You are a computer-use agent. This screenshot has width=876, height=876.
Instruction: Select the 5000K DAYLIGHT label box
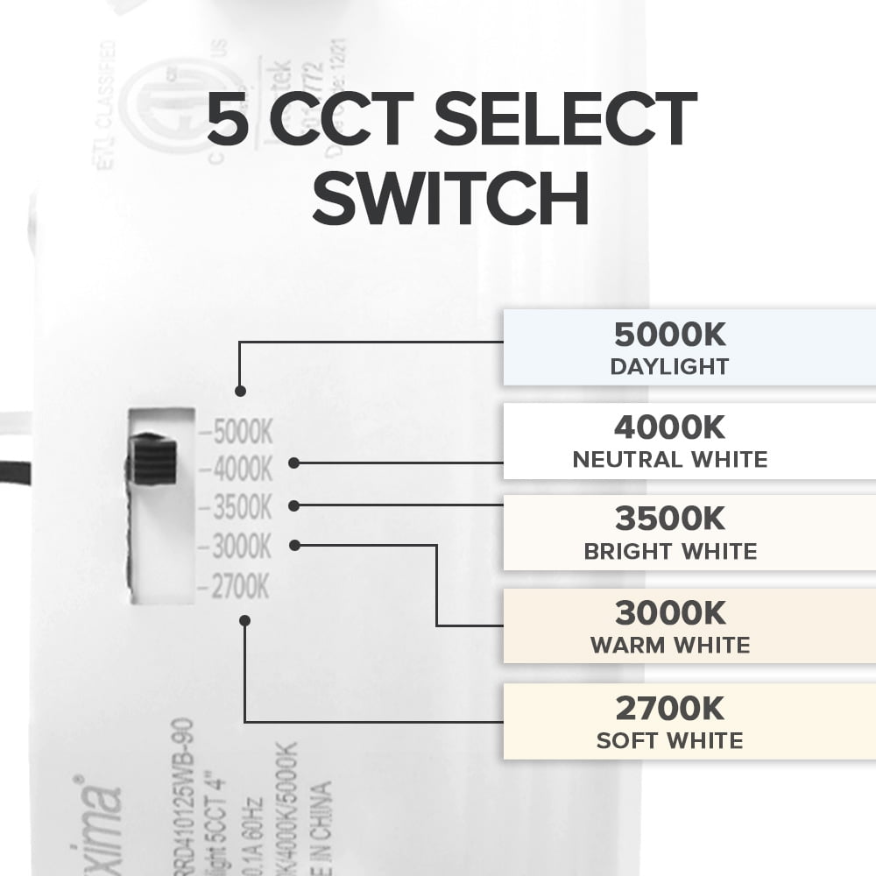tap(689, 348)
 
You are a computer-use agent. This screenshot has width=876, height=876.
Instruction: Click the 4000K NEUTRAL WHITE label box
tap(689, 442)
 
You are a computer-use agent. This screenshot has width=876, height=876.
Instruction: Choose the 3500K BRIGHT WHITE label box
tap(689, 533)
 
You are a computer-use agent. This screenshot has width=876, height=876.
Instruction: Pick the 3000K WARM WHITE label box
tap(689, 627)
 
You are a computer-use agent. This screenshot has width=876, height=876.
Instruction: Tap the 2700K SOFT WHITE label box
tap(689, 722)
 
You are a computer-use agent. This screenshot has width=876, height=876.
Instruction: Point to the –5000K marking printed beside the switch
tap(237, 432)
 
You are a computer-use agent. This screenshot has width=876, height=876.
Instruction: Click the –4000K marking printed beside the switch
tap(237, 470)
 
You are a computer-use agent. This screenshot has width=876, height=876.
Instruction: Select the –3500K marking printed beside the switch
tap(237, 508)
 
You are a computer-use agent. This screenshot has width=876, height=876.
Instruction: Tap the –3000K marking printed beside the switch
tap(237, 547)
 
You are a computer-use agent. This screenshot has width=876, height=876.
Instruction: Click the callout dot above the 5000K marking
tap(241, 392)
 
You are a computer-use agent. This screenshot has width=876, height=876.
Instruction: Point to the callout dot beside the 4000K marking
tap(295, 463)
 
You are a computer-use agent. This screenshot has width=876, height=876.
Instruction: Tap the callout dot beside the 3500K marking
tap(295, 505)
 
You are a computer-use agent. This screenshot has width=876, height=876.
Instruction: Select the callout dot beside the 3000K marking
tap(295, 545)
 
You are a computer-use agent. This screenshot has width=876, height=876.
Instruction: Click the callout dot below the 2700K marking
tap(244, 620)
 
